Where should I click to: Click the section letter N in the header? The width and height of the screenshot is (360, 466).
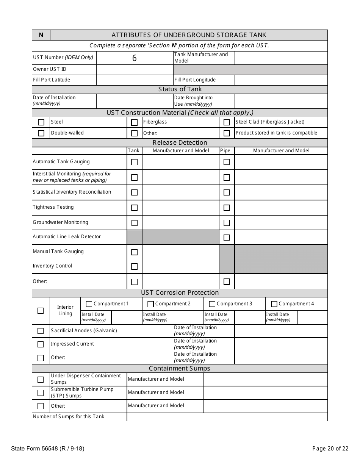(x=41, y=35)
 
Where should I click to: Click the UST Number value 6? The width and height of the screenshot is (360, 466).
(x=134, y=58)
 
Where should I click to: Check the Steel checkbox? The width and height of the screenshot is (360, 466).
(x=41, y=122)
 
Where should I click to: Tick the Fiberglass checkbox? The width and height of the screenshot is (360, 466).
(x=134, y=122)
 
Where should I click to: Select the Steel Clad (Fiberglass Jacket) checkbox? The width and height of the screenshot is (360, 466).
(x=227, y=122)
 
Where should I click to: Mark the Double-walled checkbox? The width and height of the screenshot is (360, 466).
(x=41, y=133)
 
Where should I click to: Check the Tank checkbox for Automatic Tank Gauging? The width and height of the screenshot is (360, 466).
(x=134, y=162)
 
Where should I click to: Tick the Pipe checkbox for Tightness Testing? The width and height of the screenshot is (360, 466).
(x=227, y=208)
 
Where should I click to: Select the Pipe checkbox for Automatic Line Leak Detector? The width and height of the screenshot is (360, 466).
(x=227, y=238)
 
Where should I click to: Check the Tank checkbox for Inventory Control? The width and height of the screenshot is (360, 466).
(x=134, y=266)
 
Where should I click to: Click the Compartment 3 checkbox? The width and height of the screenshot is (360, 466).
(x=212, y=304)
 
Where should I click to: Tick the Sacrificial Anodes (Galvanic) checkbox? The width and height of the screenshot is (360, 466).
(x=41, y=331)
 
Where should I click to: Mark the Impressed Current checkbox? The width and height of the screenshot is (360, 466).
(x=41, y=344)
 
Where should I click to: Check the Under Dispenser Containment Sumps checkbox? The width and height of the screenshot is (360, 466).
(x=41, y=379)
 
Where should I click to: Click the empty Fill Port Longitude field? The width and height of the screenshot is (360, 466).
(x=281, y=80)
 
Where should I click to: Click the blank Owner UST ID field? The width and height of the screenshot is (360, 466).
(x=135, y=69)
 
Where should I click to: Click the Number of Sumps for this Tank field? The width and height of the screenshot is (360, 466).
(x=227, y=417)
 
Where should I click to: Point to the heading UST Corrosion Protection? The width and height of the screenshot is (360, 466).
(x=180, y=293)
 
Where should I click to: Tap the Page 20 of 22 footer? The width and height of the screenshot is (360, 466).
(x=330, y=449)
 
